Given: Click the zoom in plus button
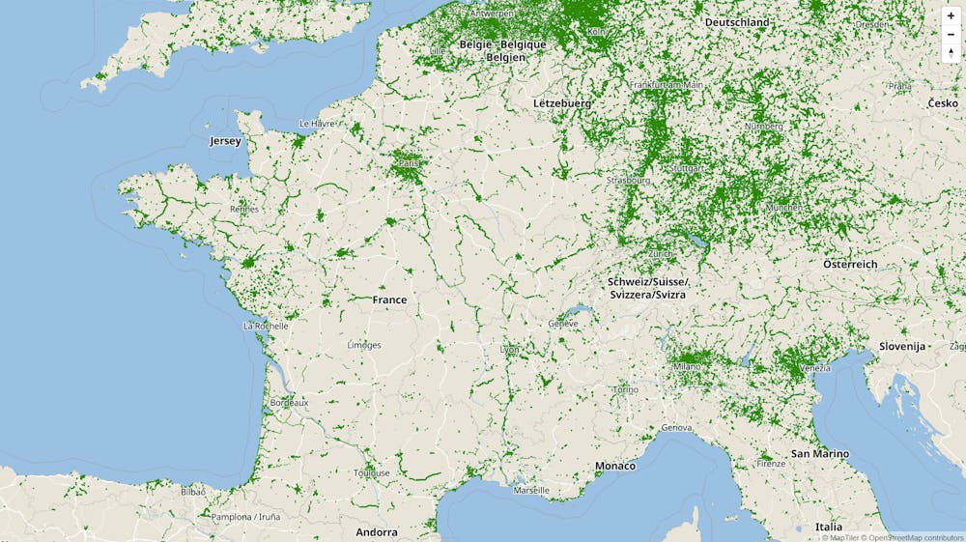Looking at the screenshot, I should [x=951, y=16].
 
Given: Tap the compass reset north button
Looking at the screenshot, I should [x=951, y=52].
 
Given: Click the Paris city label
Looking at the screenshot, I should [x=410, y=163].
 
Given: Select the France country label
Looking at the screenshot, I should [x=389, y=300].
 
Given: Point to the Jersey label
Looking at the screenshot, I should [x=225, y=141].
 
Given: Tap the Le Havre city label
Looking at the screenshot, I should [x=317, y=124].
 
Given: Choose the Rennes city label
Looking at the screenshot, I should [x=244, y=209].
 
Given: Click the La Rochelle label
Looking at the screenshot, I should [x=266, y=326].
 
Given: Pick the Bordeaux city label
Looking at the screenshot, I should [x=289, y=402].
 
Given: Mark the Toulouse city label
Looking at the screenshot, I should [x=371, y=472].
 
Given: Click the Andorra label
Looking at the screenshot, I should [x=376, y=532].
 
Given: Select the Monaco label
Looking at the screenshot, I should [x=615, y=466].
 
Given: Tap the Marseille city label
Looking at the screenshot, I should [x=531, y=490].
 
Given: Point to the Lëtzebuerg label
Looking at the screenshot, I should [x=561, y=102].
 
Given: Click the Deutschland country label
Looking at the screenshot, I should [x=737, y=22].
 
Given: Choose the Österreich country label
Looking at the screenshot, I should [x=850, y=264].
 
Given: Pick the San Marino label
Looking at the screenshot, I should [x=820, y=453].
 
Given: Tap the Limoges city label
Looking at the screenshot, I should [x=364, y=345].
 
